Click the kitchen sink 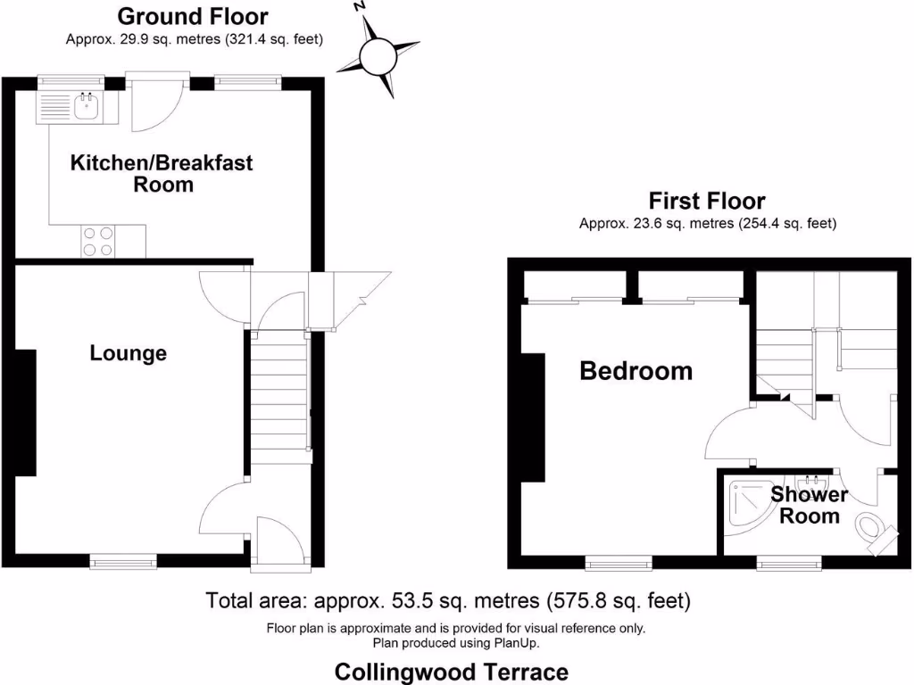(x=87, y=108)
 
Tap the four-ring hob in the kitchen (x=98, y=240)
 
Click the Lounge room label (x=129, y=353)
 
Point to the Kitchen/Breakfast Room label (x=162, y=174)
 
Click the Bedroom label (x=636, y=370)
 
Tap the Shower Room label (x=810, y=505)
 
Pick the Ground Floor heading (x=193, y=16)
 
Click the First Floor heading (x=707, y=201)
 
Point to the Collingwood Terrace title (x=451, y=671)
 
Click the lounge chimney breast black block (x=25, y=412)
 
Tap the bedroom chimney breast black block (x=533, y=417)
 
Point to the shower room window (x=789, y=562)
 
